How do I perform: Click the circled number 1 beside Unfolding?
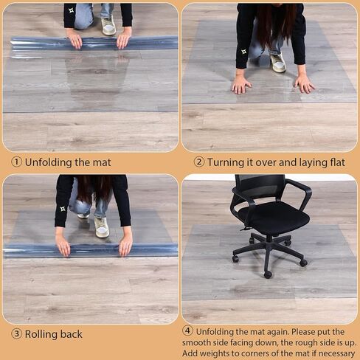[16, 162]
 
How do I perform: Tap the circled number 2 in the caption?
[199, 162]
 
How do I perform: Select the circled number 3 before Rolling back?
[16, 334]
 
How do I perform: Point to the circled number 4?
[187, 330]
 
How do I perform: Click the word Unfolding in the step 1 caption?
[49, 162]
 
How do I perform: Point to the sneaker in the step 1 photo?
[108, 26]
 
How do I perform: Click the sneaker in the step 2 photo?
[278, 63]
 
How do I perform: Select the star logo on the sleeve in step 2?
[243, 52]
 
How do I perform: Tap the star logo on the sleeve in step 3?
[63, 209]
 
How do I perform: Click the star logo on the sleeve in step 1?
[72, 10]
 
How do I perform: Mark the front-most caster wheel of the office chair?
[268, 274]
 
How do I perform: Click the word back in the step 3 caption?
[72, 334]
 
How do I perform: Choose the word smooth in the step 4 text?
[198, 342]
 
